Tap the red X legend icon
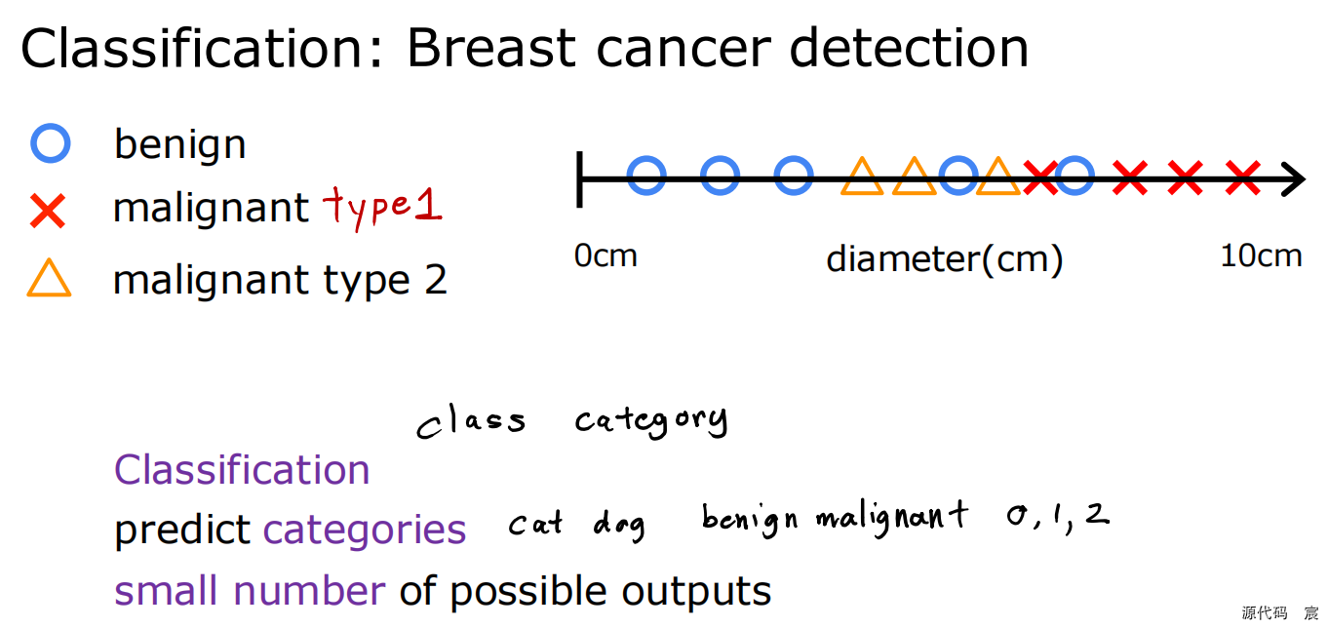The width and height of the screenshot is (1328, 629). (48, 211)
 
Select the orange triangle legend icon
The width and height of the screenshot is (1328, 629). (49, 279)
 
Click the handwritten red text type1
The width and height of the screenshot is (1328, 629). (382, 207)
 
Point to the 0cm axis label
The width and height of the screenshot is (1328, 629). (605, 256)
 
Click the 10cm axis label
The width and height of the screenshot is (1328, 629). (1261, 256)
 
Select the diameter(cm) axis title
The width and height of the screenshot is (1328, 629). (944, 259)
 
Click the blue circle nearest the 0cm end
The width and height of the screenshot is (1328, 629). (646, 177)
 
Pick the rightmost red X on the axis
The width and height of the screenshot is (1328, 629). (1242, 177)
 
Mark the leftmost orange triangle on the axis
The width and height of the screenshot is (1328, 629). (862, 177)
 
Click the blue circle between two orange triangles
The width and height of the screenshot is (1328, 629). (958, 177)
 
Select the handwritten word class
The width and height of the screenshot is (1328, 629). (471, 422)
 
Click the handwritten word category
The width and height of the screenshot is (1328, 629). (650, 421)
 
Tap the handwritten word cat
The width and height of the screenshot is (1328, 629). (535, 525)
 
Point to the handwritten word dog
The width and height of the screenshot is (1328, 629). (619, 526)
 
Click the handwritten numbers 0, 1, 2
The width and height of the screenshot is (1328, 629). (1058, 516)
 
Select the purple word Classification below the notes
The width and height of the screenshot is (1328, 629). (242, 470)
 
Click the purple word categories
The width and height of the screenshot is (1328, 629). (365, 531)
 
